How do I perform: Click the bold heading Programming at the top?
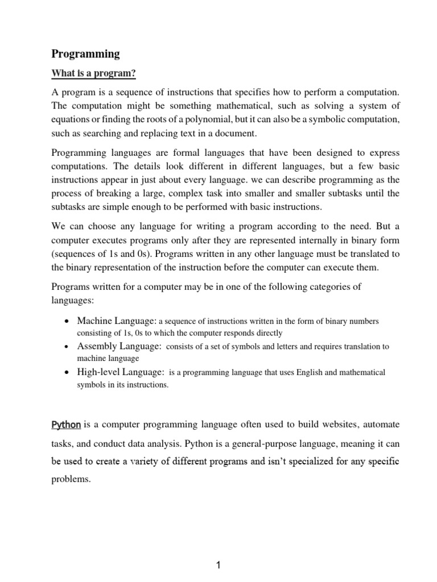pos(86,54)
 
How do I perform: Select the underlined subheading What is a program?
pos(94,73)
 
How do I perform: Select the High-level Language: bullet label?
pos(121,372)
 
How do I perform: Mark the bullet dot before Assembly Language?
pos(67,347)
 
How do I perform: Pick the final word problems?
pos(71,479)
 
